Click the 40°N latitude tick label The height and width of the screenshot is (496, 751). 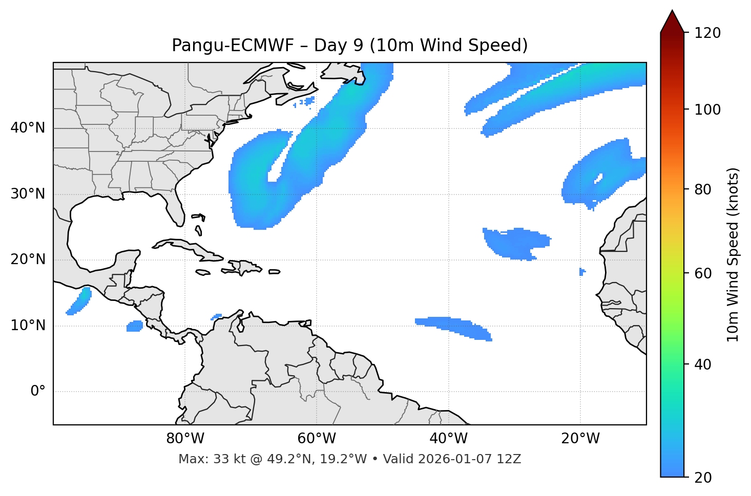coord(28,128)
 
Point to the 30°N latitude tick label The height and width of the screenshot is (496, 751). coord(28,194)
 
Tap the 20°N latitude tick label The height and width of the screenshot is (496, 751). coord(28,260)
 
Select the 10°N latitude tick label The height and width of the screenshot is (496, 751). coord(28,326)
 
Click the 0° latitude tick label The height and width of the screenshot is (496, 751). coord(38,392)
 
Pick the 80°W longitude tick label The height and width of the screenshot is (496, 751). coord(185,439)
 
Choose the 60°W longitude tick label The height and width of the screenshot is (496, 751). coord(317,439)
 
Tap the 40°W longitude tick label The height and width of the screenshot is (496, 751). coord(448,439)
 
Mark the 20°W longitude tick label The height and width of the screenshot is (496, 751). coord(580,439)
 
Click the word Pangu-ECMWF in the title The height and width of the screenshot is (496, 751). coord(233,46)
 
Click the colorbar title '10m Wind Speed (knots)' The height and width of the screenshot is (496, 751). coord(733,255)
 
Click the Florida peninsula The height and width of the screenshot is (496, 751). coord(175,210)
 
